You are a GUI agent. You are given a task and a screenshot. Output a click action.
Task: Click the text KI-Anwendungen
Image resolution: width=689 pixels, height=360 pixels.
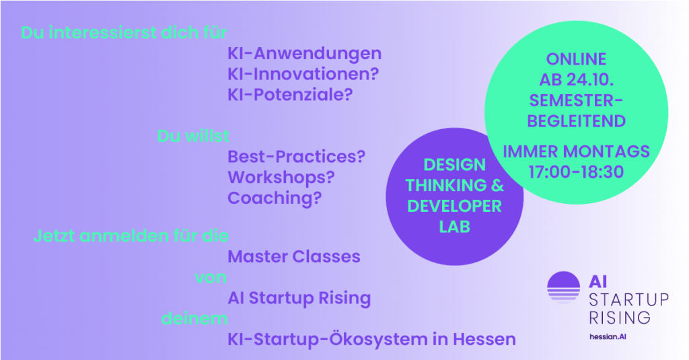pos(305,54)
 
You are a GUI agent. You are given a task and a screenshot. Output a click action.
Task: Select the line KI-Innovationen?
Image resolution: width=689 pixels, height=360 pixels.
pos(303,74)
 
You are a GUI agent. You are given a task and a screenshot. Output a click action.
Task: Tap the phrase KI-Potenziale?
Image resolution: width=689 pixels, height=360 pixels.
pos(290,94)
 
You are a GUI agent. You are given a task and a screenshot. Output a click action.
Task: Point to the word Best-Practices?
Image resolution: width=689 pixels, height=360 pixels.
pos(296,157)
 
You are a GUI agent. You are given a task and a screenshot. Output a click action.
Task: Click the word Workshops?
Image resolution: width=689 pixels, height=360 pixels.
pos(281,178)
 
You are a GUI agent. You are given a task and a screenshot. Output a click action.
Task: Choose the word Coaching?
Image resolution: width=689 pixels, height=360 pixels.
pos(275,199)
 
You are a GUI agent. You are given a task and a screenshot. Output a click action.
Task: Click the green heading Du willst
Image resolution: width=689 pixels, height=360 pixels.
pos(193,136)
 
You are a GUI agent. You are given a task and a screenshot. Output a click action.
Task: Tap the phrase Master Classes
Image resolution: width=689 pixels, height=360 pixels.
pos(294,256)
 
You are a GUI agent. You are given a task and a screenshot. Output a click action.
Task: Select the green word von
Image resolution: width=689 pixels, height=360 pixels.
pos(211,277)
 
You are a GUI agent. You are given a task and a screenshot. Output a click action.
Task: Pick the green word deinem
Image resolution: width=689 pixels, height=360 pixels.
pos(194,318)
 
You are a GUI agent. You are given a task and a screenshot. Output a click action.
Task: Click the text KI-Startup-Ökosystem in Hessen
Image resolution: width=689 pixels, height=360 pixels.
pos(371,339)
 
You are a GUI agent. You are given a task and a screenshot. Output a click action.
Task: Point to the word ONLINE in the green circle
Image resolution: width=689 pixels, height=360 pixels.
pos(576,59)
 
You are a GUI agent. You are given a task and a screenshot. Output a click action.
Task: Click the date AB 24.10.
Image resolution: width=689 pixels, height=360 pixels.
pos(576,80)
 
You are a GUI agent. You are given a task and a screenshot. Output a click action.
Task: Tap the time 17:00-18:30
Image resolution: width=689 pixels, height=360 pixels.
pos(576,172)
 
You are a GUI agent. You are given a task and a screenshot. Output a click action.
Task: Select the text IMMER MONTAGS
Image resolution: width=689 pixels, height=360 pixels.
pos(576,151)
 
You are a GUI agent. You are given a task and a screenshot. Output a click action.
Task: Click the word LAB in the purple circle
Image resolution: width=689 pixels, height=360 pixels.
pos(454,227)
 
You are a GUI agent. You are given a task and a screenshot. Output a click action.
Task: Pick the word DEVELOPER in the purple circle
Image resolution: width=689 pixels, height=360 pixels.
pos(454,206)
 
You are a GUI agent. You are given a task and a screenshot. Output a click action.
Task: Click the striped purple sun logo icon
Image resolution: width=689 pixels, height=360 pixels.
pos(563,287)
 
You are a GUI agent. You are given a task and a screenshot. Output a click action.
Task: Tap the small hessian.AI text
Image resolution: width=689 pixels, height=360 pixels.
pos(608,336)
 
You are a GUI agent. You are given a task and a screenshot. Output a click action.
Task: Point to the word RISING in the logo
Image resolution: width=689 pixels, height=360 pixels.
pos(620,318)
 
